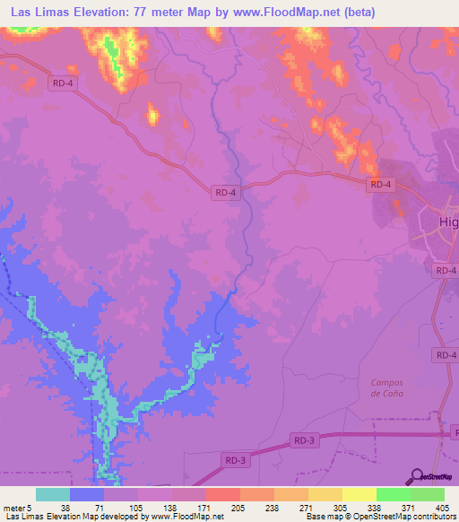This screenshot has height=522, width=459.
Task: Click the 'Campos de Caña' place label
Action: pos(387,387)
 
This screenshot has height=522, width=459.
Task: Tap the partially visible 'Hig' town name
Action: pos(447,222)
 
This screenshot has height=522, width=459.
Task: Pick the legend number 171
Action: pos(205,507)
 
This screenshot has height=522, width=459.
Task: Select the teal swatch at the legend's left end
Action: pos(53,494)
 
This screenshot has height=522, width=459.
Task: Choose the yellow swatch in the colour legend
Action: pos(359,494)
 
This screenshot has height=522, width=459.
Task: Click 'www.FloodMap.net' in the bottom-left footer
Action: pos(186,517)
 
